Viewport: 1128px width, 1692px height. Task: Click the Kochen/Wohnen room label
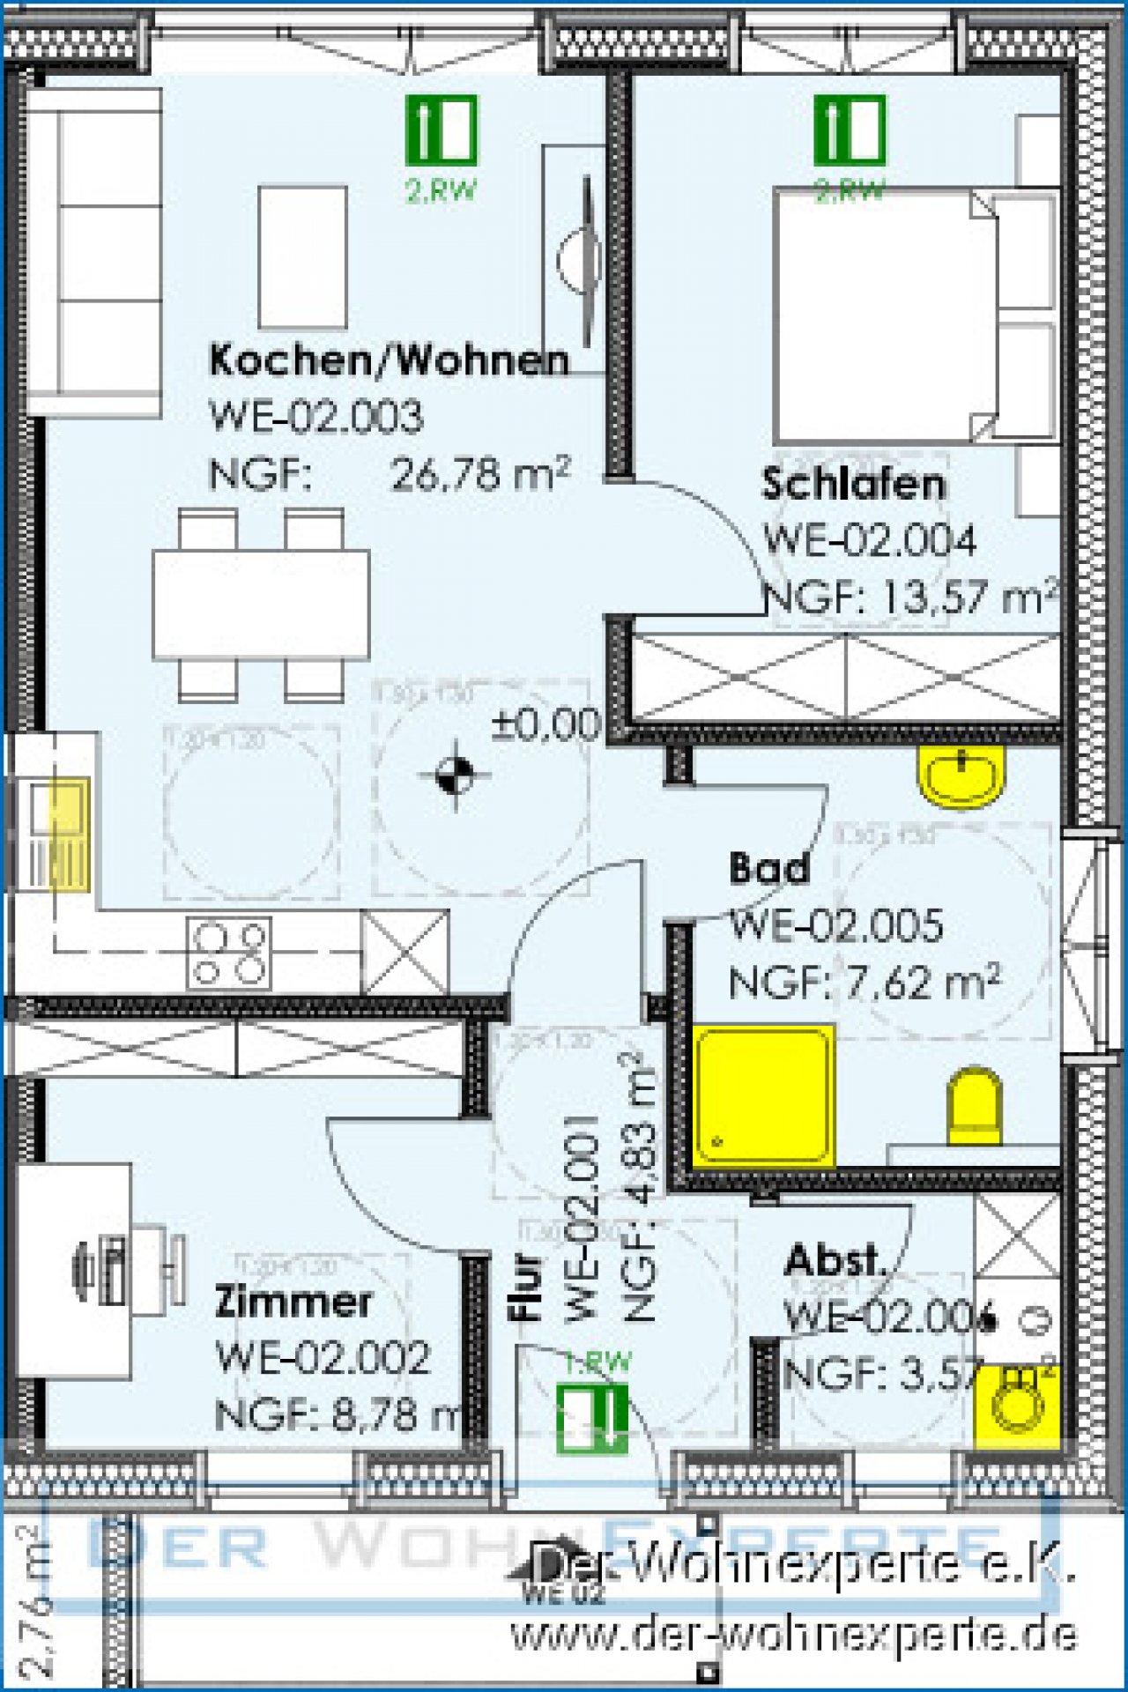click(x=389, y=360)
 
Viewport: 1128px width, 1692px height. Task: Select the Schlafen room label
click(x=853, y=485)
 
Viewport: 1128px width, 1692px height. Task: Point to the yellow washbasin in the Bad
click(x=961, y=775)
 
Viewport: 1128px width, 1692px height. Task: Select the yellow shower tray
click(x=763, y=1095)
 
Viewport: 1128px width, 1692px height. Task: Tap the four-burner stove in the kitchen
click(x=229, y=953)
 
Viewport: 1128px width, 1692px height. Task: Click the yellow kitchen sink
click(x=61, y=834)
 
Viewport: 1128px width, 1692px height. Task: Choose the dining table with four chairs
click(x=260, y=605)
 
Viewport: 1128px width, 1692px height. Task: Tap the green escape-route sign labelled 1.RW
click(x=592, y=1417)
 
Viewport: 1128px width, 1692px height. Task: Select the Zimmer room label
click(x=293, y=1302)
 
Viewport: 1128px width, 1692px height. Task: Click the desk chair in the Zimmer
click(x=132, y=1267)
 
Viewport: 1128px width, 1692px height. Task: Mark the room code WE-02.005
click(x=836, y=925)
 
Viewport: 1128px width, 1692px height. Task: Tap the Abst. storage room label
click(x=834, y=1260)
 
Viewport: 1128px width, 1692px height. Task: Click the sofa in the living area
click(x=93, y=251)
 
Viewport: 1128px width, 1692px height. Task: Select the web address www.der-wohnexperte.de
click(x=793, y=1635)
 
